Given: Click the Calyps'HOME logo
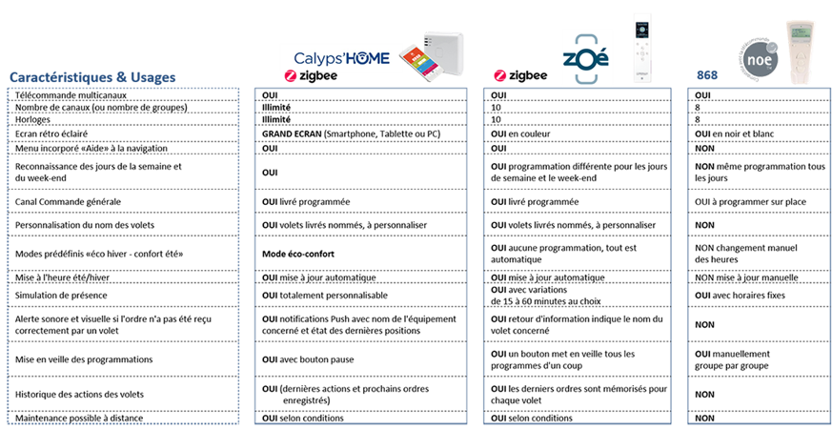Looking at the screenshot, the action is click(x=342, y=57).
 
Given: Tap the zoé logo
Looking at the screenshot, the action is click(x=585, y=58).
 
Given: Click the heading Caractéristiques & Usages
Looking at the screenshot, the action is click(x=92, y=77).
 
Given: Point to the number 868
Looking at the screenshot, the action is click(x=707, y=75).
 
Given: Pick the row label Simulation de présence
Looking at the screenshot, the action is click(x=62, y=296).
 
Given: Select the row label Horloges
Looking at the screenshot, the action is click(x=33, y=120).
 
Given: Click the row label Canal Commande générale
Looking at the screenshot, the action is click(x=69, y=202).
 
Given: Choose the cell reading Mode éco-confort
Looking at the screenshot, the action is click(x=298, y=254).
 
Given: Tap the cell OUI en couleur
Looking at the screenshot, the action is click(x=520, y=133).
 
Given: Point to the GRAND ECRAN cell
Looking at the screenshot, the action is click(x=352, y=133).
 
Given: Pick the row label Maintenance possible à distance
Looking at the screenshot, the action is click(x=79, y=419).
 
